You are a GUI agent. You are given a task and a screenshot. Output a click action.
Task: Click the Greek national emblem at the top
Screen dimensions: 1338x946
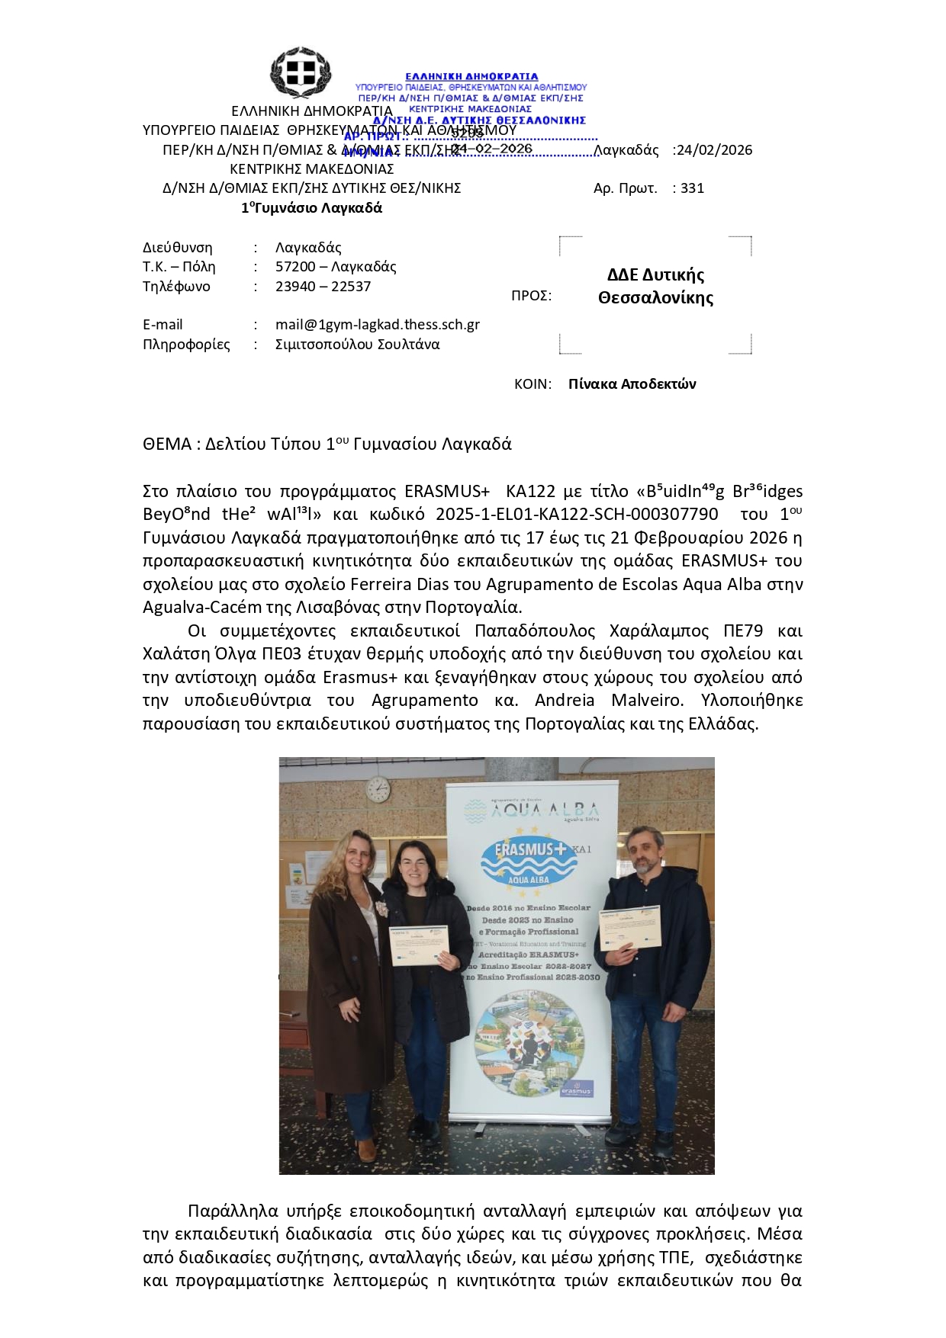[301, 72]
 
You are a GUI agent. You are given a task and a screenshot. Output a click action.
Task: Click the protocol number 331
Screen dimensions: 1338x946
[692, 188]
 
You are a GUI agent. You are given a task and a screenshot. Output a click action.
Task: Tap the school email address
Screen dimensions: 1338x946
[377, 325]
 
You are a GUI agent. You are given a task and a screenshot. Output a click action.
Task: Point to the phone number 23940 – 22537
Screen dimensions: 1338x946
[323, 287]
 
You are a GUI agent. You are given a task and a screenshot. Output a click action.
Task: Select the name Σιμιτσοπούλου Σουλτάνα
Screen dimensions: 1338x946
[357, 345]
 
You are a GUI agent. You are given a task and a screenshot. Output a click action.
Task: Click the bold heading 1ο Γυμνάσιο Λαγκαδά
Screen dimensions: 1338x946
[311, 208]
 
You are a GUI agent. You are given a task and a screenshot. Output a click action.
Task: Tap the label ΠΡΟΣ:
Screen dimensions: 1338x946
[531, 296]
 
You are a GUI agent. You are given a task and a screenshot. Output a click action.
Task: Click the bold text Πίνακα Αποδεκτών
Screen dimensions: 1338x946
[632, 384]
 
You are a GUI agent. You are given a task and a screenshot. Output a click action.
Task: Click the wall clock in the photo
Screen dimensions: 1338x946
[378, 789]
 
